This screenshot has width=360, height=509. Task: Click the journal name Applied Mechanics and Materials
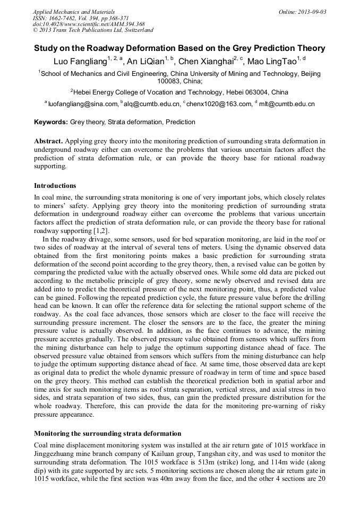[74, 12]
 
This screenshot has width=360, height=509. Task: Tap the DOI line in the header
[89, 24]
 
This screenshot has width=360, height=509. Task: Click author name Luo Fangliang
[80, 62]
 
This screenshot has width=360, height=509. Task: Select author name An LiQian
[145, 62]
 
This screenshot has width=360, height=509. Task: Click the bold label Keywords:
[51, 122]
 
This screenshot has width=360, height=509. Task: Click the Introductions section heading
[55, 186]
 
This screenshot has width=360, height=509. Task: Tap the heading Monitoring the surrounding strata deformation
[107, 434]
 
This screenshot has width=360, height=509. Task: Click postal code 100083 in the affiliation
[169, 82]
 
